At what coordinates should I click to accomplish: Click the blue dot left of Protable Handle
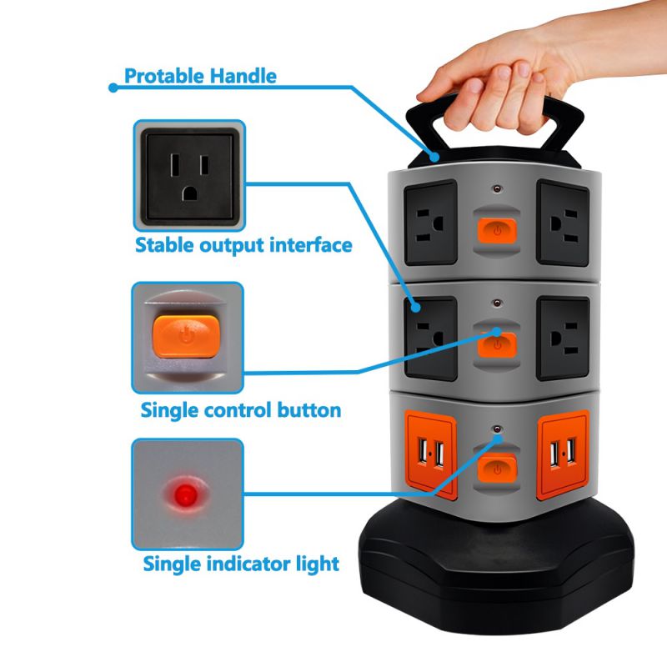click(113, 85)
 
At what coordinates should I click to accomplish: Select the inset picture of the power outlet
click(188, 175)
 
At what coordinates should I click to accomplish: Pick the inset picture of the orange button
click(188, 338)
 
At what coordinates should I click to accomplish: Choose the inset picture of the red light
click(188, 494)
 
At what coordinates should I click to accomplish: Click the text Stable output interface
click(243, 245)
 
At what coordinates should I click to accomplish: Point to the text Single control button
click(240, 410)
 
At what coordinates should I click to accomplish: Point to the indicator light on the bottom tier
click(498, 433)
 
